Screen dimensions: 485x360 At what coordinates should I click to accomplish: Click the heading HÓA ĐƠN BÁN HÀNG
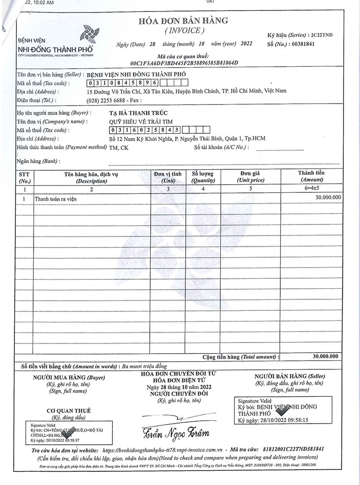tap(184, 21)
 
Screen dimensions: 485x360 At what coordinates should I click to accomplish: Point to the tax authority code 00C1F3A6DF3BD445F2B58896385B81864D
tap(184, 63)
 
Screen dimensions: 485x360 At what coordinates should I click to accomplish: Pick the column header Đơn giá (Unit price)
tap(250, 177)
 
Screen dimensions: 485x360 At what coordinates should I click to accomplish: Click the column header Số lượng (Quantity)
tap(203, 177)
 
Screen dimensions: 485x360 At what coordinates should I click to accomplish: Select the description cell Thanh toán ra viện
tap(55, 199)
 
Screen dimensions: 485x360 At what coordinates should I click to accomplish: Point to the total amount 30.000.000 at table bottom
tap(325, 356)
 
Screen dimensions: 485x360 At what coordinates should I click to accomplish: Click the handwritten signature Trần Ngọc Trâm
tap(176, 433)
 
